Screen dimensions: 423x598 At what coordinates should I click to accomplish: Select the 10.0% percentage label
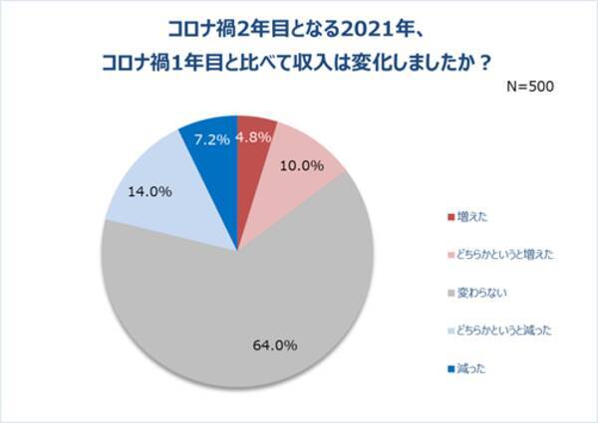(x=300, y=166)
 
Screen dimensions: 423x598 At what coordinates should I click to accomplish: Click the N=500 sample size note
(x=524, y=87)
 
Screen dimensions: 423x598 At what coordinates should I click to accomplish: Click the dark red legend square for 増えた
(x=449, y=216)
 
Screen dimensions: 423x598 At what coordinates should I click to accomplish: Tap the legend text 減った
(x=473, y=369)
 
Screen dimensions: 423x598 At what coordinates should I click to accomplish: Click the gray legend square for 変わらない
(x=449, y=294)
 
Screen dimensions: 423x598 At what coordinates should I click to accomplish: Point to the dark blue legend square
(x=449, y=369)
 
